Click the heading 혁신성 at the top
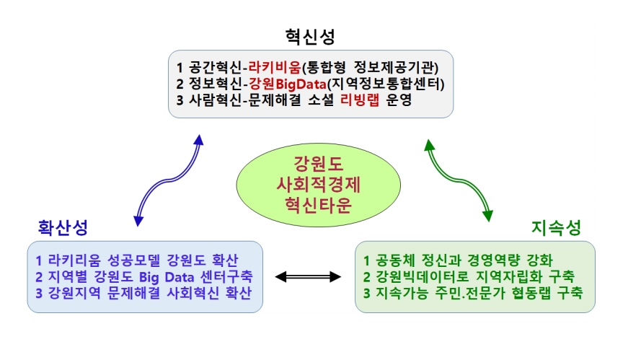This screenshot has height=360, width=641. click(x=310, y=37)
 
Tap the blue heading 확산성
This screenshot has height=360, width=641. click(x=63, y=227)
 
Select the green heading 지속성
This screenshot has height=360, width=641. click(x=557, y=227)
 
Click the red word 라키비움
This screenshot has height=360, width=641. click(x=275, y=67)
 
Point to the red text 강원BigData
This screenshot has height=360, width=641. click(x=288, y=84)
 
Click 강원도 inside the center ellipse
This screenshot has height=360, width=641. click(x=319, y=164)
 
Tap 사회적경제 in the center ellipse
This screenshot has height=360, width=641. click(x=319, y=185)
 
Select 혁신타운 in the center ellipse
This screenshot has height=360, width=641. click(x=319, y=205)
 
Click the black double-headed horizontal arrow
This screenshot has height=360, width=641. click(x=308, y=277)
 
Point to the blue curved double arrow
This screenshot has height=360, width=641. click(x=169, y=180)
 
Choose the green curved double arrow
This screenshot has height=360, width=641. click(x=459, y=180)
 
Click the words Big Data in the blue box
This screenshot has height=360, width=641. click(x=167, y=277)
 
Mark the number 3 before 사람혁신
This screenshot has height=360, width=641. click(x=180, y=100)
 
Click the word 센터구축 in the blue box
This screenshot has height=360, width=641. click(x=227, y=276)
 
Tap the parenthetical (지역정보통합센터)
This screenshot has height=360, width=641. click(x=386, y=84)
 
